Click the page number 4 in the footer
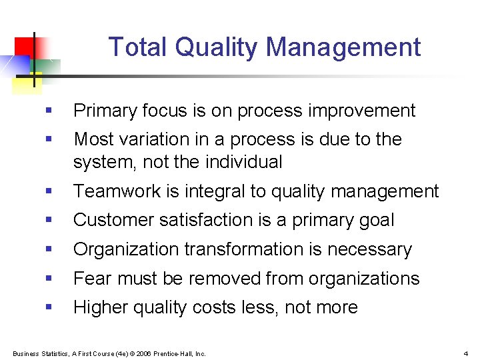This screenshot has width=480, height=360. (x=466, y=353)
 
